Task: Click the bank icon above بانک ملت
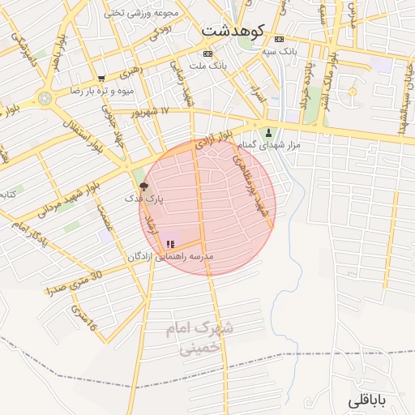pyautogui.click(x=208, y=53)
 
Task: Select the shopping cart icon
pyautogui.click(x=101, y=79)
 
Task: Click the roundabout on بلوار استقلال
pyautogui.click(x=44, y=99)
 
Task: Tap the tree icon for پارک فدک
pyautogui.click(x=144, y=186)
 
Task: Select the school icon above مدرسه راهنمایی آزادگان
pyautogui.click(x=170, y=243)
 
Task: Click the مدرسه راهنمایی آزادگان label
pyautogui.click(x=170, y=256)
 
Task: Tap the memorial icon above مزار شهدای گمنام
pyautogui.click(x=269, y=132)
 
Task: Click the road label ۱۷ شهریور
pyautogui.click(x=154, y=110)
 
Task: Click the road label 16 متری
pyautogui.click(x=83, y=319)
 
